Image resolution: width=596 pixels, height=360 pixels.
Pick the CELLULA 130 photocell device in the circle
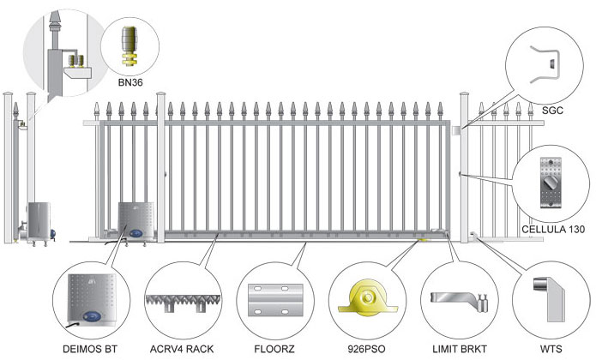550,183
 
